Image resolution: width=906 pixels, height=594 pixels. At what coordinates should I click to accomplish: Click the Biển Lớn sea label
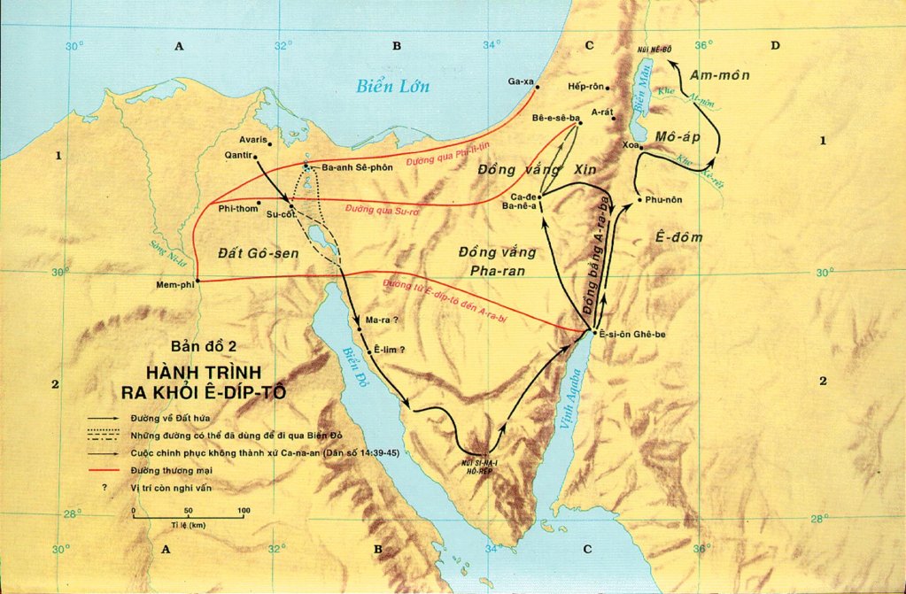(x=392, y=86)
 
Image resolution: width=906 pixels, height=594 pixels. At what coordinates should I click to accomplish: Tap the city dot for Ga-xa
(x=538, y=87)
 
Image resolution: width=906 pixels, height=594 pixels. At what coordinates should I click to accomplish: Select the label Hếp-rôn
(x=585, y=88)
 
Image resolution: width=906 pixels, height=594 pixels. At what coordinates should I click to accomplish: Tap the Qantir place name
(x=240, y=156)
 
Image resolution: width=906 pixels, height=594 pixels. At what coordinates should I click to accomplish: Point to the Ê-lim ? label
(x=390, y=351)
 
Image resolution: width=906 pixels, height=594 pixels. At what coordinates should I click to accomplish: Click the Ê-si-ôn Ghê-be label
(x=633, y=333)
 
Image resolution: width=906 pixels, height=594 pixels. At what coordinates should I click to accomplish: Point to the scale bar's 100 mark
(x=244, y=511)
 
